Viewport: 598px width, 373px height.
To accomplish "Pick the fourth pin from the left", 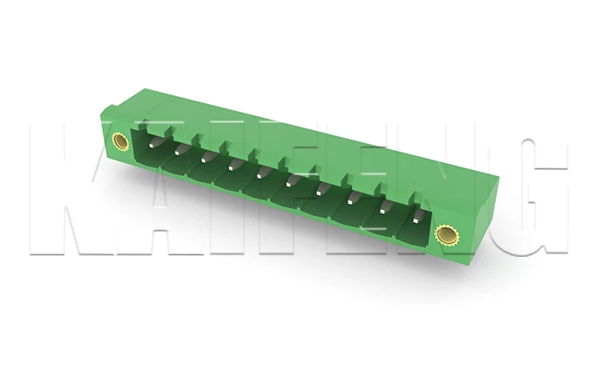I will coord(234,165).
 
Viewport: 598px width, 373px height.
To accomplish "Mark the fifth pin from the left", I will coord(262,173).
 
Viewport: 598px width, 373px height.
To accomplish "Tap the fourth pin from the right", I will coord(321,188).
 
